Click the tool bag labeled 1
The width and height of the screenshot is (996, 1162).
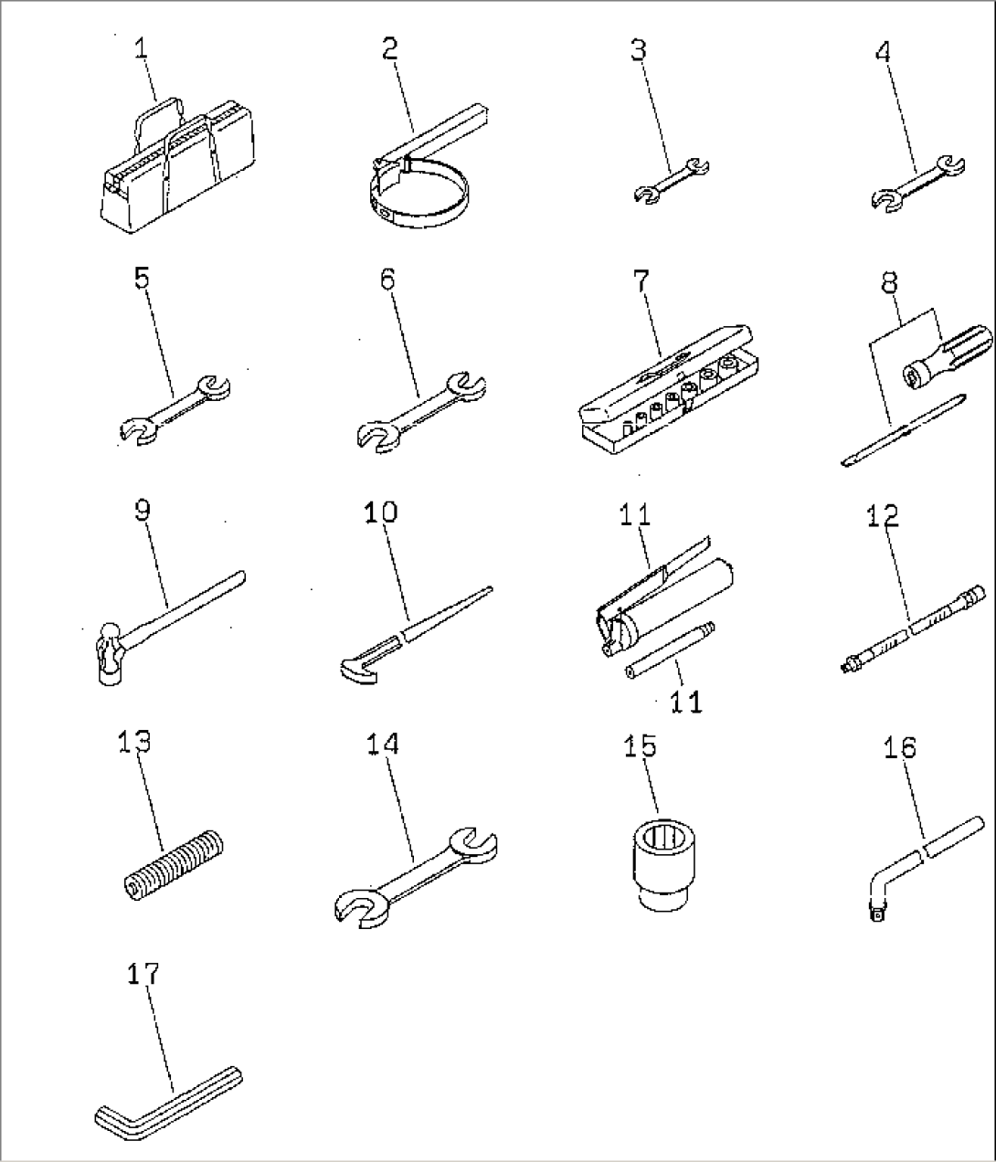(174, 169)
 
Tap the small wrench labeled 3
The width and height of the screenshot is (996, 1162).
(672, 178)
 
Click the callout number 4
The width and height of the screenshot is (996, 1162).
(882, 52)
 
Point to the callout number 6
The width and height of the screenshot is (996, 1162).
(387, 280)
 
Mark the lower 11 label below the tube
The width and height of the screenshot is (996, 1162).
(686, 702)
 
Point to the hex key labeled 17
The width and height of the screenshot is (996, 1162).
(169, 1096)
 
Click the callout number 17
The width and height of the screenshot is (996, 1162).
(143, 974)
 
